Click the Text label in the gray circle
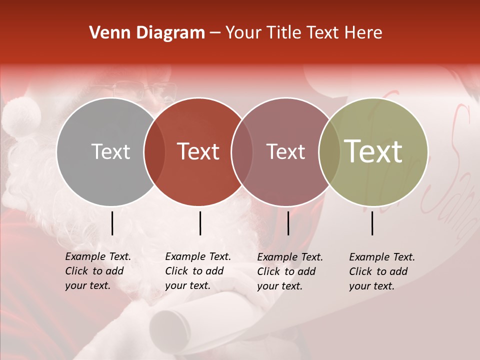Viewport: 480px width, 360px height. [x=110, y=151]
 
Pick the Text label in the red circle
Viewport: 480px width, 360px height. [x=198, y=151]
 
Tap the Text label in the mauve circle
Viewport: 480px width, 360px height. [x=285, y=151]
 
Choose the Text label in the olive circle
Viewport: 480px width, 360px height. [x=373, y=151]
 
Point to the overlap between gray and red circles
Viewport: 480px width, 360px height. [x=154, y=151]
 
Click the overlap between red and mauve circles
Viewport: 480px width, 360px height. [x=242, y=151]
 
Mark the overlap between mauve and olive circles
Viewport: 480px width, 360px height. [x=328, y=151]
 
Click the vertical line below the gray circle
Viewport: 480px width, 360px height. [x=112, y=223]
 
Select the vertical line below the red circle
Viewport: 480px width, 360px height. [x=200, y=223]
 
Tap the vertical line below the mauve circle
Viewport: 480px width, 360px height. [x=288, y=223]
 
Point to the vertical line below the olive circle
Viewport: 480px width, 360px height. [x=372, y=223]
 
